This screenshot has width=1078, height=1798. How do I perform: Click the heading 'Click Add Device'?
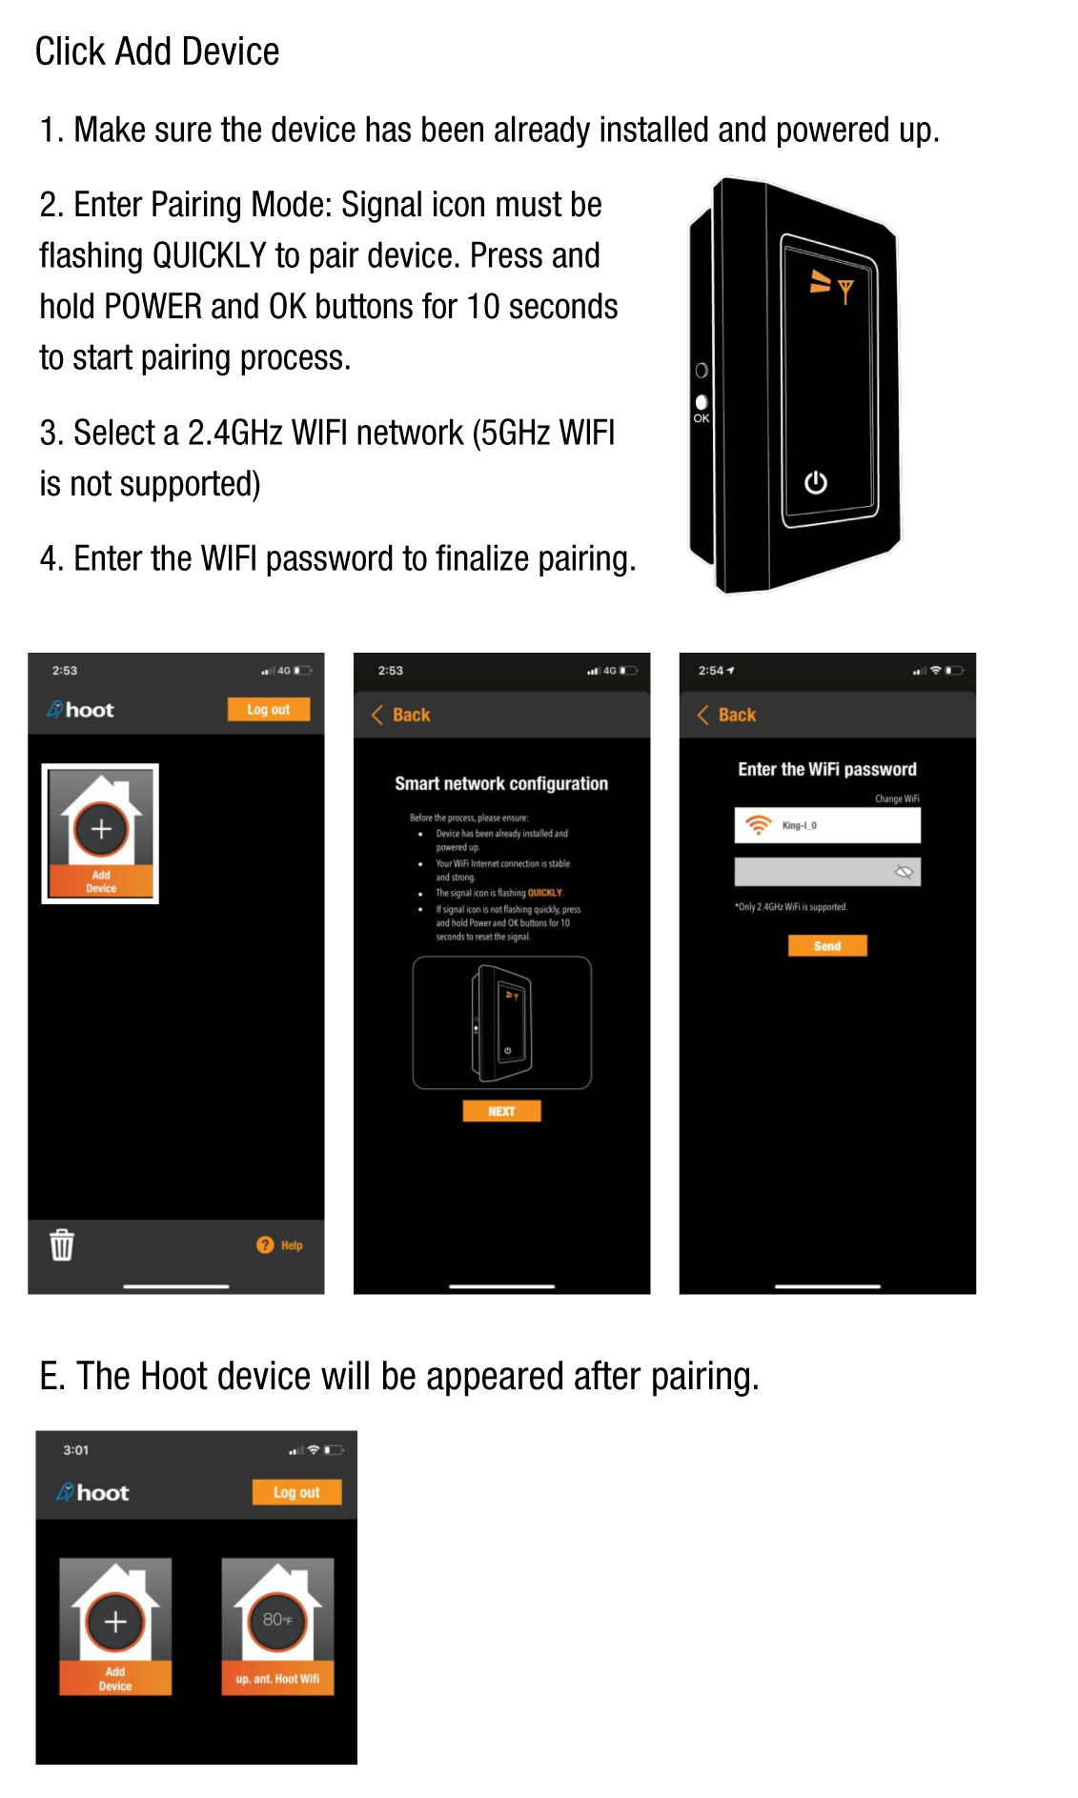coord(156,51)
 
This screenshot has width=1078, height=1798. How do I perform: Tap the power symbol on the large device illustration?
coord(815,483)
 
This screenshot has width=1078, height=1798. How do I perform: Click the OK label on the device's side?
coord(702,418)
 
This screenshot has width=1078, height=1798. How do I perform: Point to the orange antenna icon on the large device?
coord(844,290)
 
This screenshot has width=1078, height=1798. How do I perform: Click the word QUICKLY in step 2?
coord(209,255)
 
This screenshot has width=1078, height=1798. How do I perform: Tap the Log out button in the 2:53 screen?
coord(268,710)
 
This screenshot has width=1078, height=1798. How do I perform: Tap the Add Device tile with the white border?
coord(100,834)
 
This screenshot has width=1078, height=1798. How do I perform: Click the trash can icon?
coord(62,1244)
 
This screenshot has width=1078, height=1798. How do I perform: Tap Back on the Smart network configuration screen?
coord(401,715)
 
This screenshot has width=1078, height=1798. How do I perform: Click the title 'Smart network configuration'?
coord(501,783)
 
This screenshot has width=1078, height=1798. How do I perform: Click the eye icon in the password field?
coord(904,872)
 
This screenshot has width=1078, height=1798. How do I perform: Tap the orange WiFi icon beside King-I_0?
coord(758,825)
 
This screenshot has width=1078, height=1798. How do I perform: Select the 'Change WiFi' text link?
coord(897,798)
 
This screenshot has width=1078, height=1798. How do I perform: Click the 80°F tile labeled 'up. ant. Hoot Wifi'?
coord(277,1626)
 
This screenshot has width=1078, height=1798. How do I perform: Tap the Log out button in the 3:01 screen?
coord(296,1492)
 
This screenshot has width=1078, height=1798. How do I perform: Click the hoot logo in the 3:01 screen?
coord(92,1492)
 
